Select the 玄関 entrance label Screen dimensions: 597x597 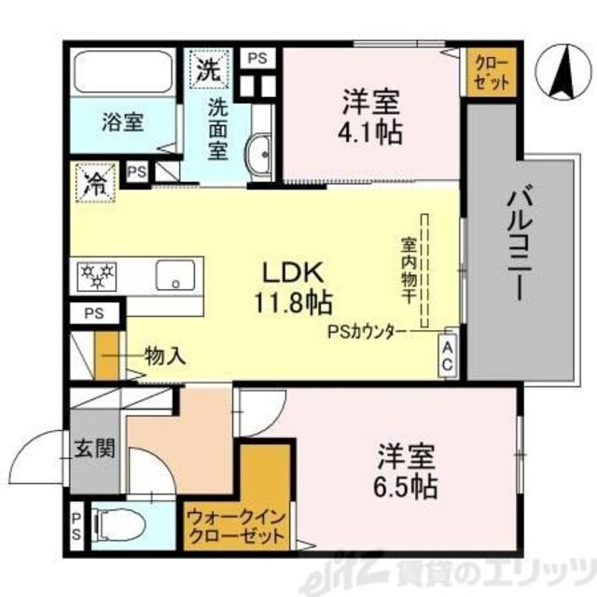tap(95, 448)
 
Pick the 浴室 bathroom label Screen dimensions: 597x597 tap(121, 121)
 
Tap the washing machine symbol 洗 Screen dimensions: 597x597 tap(206, 67)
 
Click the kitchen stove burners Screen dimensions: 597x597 tap(97, 274)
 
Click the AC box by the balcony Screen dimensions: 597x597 tap(446, 354)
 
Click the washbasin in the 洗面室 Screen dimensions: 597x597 tap(258, 150)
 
